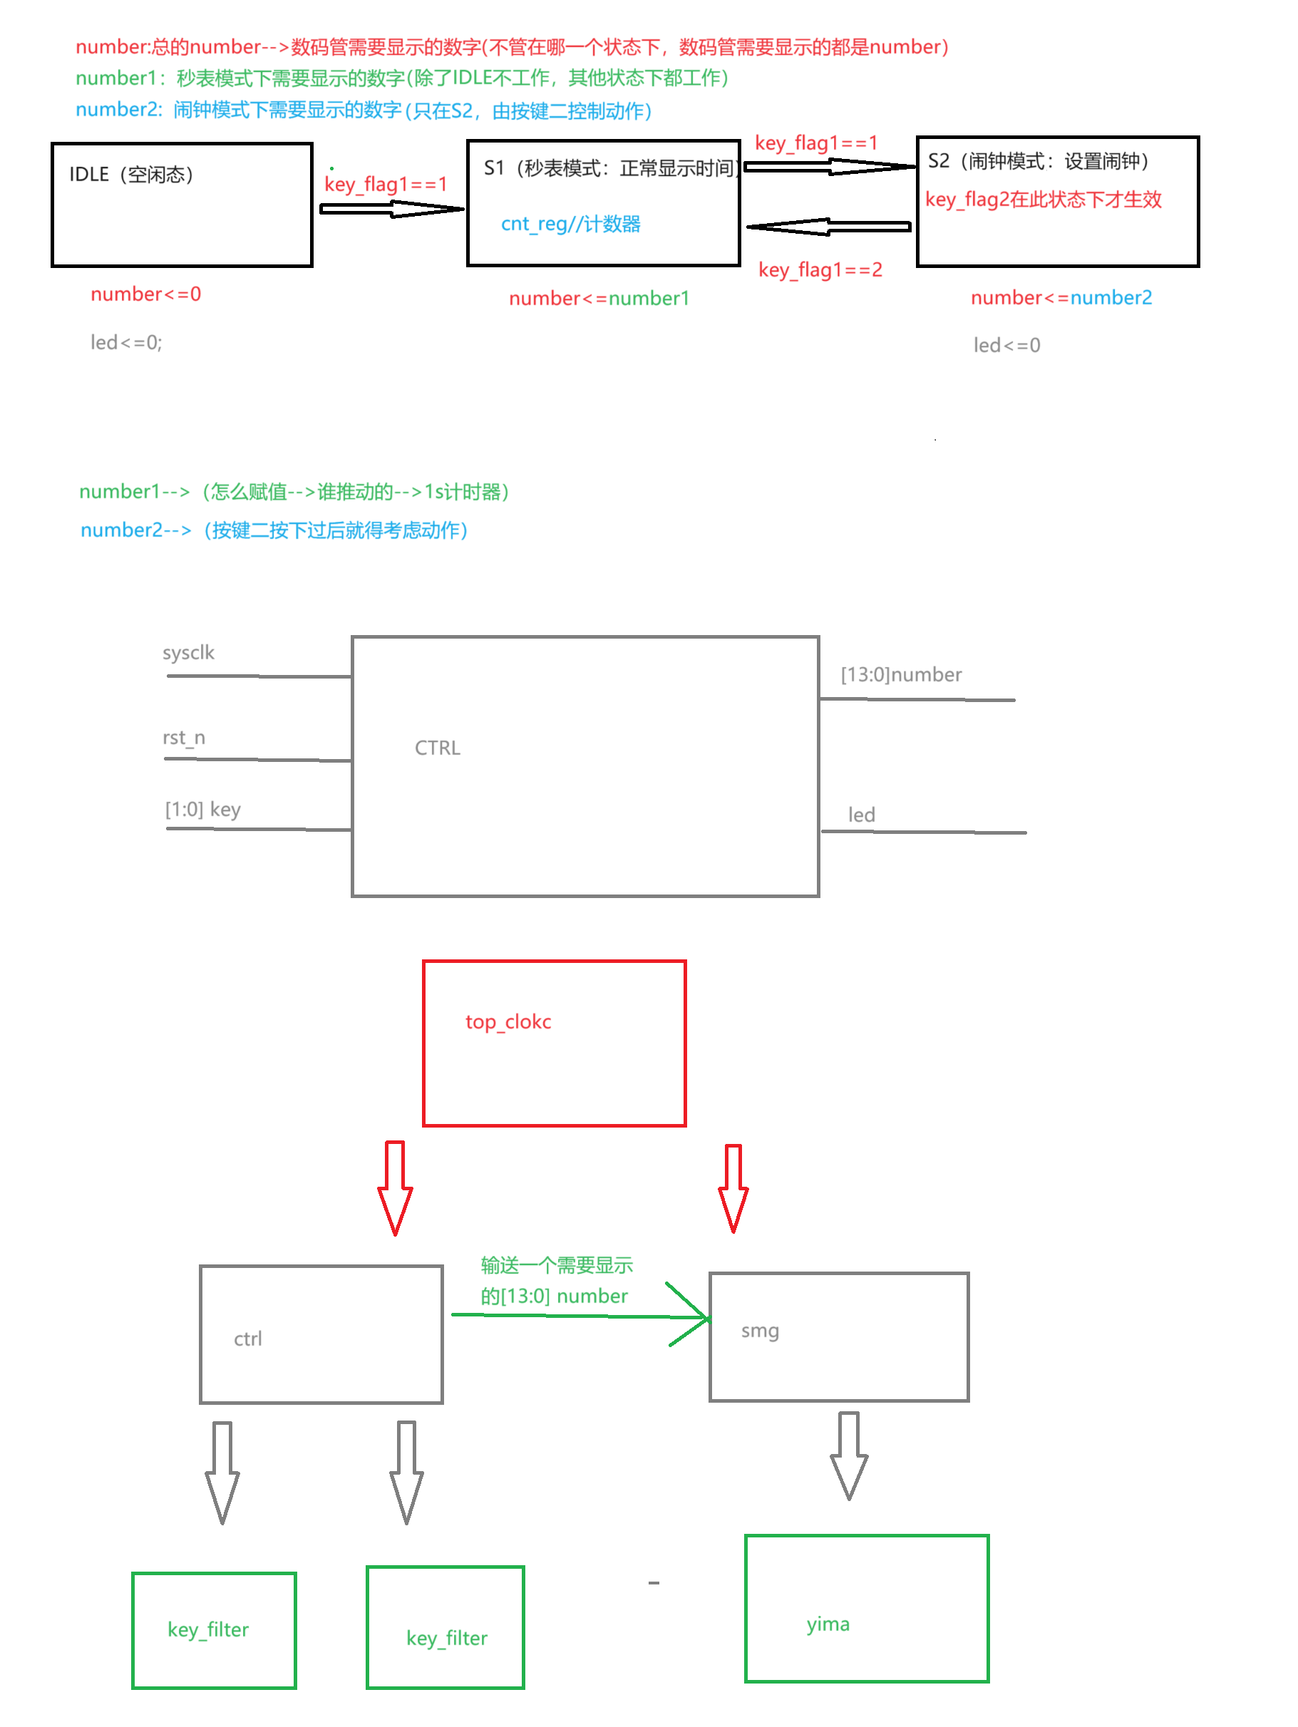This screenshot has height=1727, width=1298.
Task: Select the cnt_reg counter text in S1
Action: pyautogui.click(x=570, y=225)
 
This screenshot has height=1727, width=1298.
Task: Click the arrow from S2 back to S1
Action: pyautogui.click(x=828, y=227)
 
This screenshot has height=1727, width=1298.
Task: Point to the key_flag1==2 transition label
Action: pyautogui.click(x=820, y=270)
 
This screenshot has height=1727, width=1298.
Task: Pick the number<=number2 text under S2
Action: pyautogui.click(x=1061, y=298)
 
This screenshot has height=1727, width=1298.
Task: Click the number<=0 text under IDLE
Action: pyautogui.click(x=146, y=294)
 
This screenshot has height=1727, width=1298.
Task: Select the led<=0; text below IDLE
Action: pyautogui.click(x=125, y=343)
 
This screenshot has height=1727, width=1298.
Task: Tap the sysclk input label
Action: pyautogui.click(x=188, y=653)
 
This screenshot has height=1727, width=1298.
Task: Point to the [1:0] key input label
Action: pyautogui.click(x=202, y=810)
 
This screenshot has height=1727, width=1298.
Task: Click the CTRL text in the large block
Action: pyautogui.click(x=438, y=748)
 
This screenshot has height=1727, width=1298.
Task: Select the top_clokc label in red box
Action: pyautogui.click(x=508, y=1023)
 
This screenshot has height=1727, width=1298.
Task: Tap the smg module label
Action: pyautogui.click(x=759, y=1331)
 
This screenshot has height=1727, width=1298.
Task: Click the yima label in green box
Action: pyautogui.click(x=828, y=1625)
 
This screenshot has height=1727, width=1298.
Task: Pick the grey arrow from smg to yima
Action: pyautogui.click(x=849, y=1456)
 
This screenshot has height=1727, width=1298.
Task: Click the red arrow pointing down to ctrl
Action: pyautogui.click(x=395, y=1187)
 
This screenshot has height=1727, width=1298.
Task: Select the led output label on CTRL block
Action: pyautogui.click(x=862, y=816)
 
